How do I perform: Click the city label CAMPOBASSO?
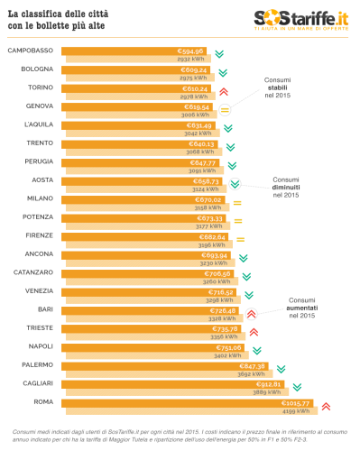click(30, 51)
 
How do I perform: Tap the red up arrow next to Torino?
click(223, 91)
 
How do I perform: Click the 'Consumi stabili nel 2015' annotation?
click(277, 87)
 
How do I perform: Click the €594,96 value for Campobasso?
click(190, 51)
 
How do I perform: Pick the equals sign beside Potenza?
click(239, 220)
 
